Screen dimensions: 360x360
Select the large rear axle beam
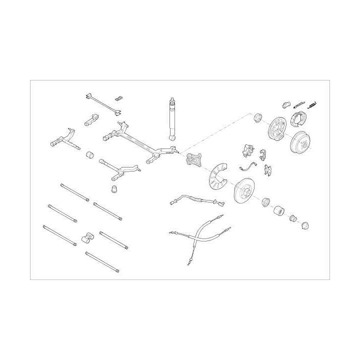pyautogui.click(x=140, y=142)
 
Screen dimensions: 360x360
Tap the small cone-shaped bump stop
pyautogui.click(x=114, y=189)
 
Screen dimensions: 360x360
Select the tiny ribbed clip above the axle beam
pyautogui.click(x=118, y=98)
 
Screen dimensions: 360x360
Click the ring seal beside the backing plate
pyautogui.click(x=258, y=117)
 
